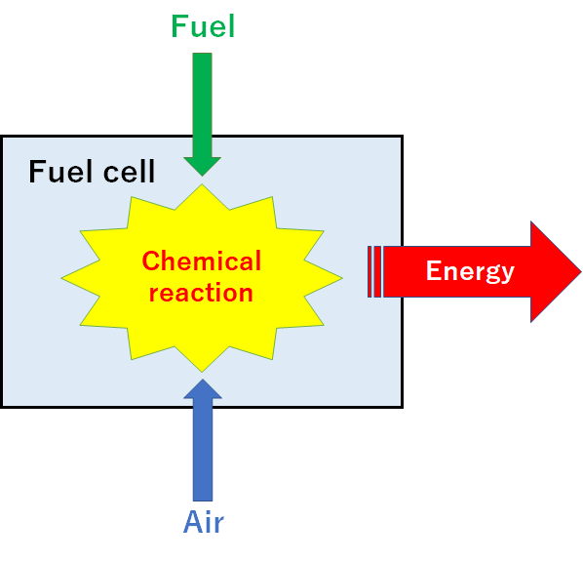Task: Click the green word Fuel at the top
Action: point(203,26)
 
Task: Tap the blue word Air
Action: point(204,522)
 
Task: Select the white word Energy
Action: point(470,272)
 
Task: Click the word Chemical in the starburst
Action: point(202,260)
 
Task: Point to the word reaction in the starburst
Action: point(201,293)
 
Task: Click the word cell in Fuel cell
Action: point(129,172)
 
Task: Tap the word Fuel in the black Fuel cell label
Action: point(60,172)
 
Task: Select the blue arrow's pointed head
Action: point(203,388)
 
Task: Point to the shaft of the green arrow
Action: point(202,105)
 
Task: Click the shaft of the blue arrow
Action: point(203,450)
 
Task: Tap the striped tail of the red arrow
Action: point(374,272)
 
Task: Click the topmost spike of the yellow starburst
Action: point(202,185)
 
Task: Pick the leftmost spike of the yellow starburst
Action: point(62,278)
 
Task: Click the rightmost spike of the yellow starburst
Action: point(341,278)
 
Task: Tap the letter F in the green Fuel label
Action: point(178,26)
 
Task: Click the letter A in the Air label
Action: point(193,522)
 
